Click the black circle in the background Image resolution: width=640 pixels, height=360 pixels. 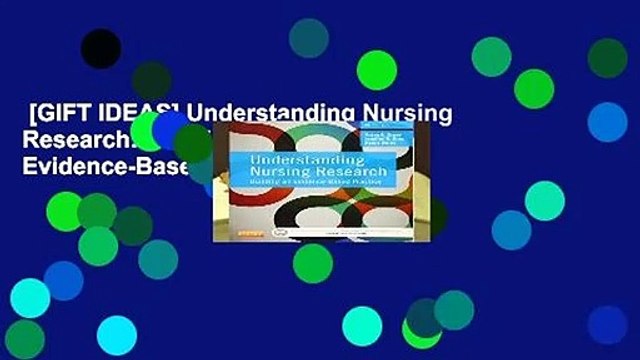pyautogui.click(x=100, y=48)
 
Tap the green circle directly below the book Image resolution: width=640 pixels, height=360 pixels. pyautogui.click(x=312, y=263)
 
